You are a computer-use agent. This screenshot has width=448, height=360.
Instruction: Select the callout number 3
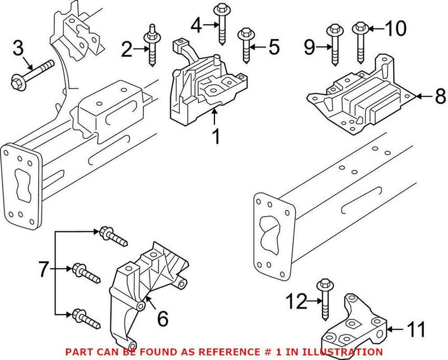click(18, 49)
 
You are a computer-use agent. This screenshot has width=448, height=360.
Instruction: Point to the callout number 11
click(416, 330)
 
